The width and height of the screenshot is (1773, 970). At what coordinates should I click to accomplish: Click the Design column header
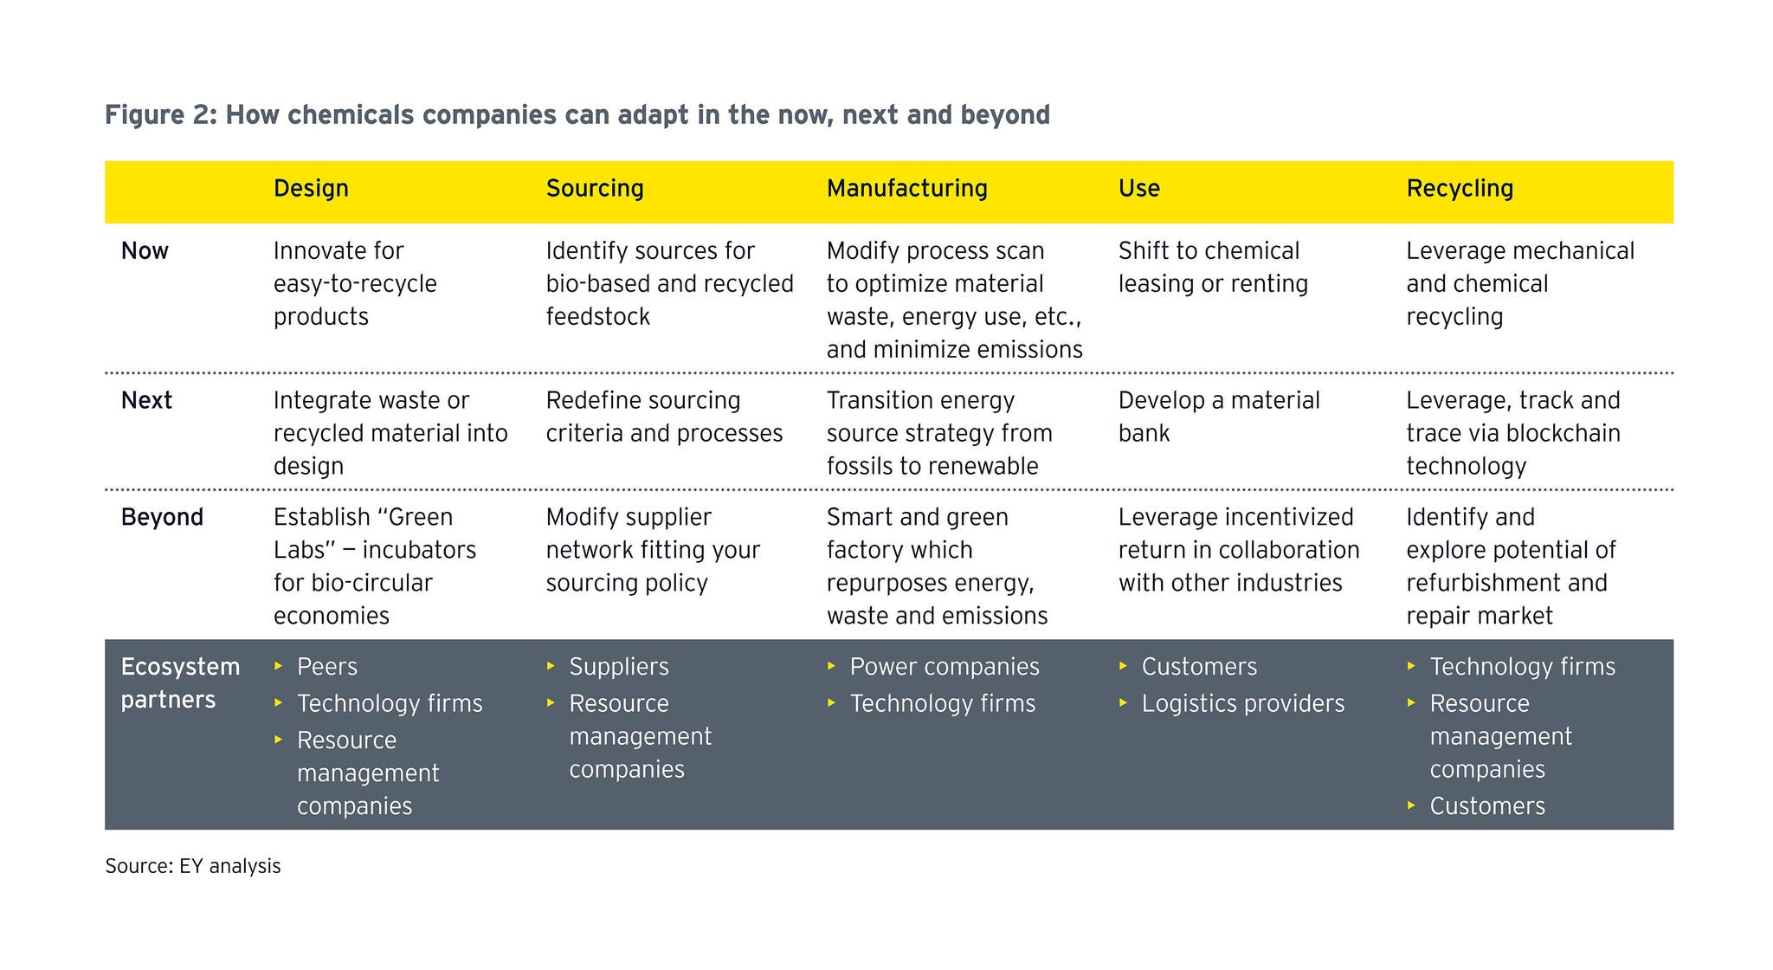(x=311, y=189)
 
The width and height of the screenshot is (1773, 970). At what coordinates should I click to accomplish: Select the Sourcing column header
(x=595, y=189)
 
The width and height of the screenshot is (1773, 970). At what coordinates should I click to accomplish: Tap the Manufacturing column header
(x=906, y=189)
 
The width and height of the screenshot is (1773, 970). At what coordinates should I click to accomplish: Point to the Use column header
(x=1138, y=189)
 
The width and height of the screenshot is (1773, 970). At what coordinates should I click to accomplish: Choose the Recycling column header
(x=1460, y=189)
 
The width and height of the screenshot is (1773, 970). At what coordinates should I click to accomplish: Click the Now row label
(x=145, y=251)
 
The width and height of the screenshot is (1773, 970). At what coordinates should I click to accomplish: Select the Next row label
(x=146, y=401)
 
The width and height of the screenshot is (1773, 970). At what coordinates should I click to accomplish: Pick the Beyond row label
(x=162, y=517)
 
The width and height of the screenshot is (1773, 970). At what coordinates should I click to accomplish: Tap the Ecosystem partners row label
(x=180, y=682)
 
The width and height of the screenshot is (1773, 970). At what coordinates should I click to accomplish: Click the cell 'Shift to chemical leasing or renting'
(x=1212, y=267)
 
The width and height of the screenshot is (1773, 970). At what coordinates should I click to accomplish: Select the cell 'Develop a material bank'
(x=1218, y=417)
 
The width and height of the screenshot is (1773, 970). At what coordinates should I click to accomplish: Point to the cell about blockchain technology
(x=1512, y=433)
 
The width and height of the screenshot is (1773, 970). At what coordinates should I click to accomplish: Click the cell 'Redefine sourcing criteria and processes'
(x=664, y=417)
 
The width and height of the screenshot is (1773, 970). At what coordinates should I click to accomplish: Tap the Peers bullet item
(x=326, y=667)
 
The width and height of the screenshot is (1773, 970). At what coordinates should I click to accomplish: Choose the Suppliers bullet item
(x=618, y=667)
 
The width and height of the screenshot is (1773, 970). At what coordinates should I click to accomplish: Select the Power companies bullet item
(x=944, y=667)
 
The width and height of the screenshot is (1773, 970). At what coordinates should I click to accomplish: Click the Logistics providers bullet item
(x=1242, y=703)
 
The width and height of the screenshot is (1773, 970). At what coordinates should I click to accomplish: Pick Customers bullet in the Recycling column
(x=1486, y=806)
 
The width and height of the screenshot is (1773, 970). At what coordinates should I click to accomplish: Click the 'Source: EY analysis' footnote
(x=193, y=866)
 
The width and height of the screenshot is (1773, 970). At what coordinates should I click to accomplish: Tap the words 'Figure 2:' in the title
(x=160, y=115)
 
